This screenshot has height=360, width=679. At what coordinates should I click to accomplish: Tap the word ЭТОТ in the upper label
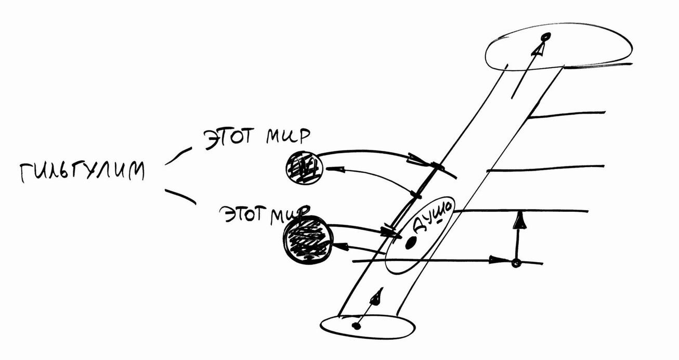click(228, 138)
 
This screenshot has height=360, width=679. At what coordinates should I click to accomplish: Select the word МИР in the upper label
click(288, 136)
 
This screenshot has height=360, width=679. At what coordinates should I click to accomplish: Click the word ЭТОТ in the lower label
click(244, 215)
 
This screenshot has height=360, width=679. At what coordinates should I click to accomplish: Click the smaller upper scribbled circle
click(304, 168)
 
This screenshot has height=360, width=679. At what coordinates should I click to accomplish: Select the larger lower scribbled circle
click(307, 239)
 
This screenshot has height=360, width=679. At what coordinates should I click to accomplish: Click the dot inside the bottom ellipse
click(357, 326)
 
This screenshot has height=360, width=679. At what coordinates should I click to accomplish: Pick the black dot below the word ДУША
click(410, 243)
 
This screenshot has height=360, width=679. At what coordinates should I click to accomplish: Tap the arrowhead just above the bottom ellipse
click(377, 297)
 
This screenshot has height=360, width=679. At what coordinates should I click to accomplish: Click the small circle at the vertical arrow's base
click(516, 263)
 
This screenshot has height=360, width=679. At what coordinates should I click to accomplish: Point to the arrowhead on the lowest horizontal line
click(498, 260)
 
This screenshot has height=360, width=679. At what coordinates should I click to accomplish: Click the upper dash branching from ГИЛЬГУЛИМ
click(178, 156)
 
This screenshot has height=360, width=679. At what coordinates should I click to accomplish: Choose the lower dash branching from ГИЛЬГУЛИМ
click(180, 196)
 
